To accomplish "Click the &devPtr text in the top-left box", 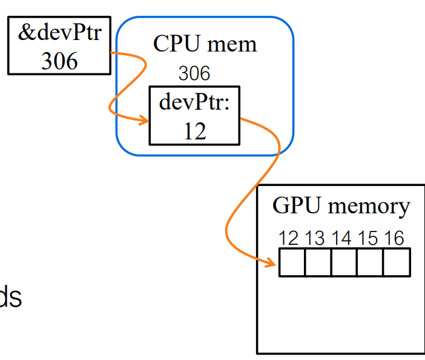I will (59, 32).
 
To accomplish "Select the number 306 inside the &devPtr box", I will (59, 60).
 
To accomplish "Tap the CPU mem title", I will (205, 44).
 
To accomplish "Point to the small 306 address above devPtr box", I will (194, 74).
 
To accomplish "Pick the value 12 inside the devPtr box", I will (194, 130).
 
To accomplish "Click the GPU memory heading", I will (341, 207).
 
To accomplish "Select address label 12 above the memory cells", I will (289, 238).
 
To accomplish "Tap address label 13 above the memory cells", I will (315, 238).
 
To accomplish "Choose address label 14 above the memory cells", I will (341, 238).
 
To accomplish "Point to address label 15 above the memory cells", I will (367, 238).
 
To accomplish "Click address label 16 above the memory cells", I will (394, 238).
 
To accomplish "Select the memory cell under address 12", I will (292, 262).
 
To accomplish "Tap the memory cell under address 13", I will (318, 262).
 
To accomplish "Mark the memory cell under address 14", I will (344, 262).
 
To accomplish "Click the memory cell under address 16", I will (397, 262).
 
